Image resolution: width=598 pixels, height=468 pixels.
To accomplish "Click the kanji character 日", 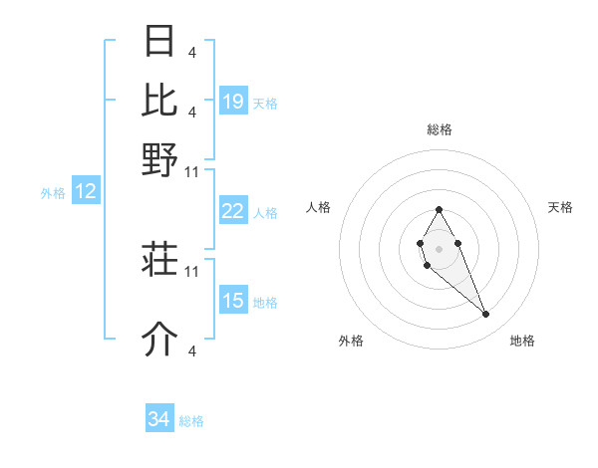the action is click(159, 42).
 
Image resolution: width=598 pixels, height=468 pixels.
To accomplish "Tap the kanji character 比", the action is click(159, 100).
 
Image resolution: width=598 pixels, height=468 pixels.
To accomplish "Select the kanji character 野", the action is click(159, 158).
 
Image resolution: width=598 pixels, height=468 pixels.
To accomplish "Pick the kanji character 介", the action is click(159, 340).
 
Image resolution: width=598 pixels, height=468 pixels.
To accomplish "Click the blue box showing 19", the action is click(233, 102).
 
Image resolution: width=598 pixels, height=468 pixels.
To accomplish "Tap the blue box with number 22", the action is click(232, 211).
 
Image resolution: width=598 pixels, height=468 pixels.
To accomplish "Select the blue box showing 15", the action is click(233, 301).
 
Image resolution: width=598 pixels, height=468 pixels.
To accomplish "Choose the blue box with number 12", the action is click(85, 192).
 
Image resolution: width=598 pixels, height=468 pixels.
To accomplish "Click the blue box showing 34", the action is click(159, 420).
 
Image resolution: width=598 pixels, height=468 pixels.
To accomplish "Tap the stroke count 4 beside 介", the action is click(191, 351).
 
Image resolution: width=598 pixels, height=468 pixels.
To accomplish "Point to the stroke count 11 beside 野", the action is click(192, 171).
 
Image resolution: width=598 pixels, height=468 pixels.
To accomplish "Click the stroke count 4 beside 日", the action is click(191, 52).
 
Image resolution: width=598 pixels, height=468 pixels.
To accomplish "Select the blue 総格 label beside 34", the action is click(191, 421).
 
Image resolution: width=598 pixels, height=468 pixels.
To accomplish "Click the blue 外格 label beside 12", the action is click(53, 193).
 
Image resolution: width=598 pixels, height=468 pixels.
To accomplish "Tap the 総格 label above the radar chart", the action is click(439, 129).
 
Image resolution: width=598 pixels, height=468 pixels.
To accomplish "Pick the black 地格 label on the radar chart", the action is click(522, 341).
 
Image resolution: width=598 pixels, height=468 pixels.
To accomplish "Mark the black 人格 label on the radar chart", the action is click(319, 207).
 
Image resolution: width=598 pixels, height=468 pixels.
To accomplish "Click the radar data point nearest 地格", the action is click(486, 315).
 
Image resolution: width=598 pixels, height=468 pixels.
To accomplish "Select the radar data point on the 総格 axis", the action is click(439, 209).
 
